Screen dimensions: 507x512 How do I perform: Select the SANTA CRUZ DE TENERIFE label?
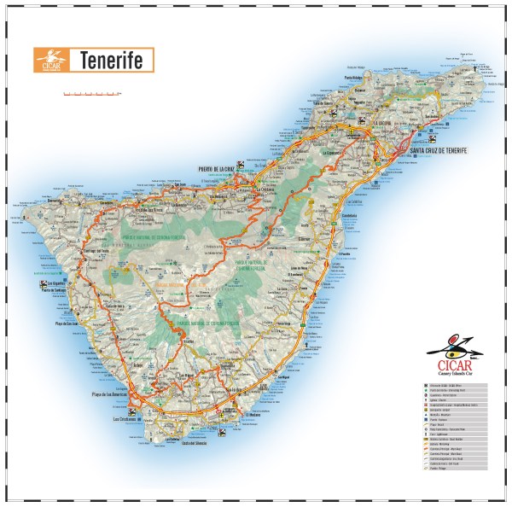tap(438, 151)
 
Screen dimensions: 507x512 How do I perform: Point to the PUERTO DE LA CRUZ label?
tap(216, 169)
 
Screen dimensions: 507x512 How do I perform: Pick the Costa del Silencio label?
tap(188, 444)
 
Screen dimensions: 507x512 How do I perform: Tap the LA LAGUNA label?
tap(384, 123)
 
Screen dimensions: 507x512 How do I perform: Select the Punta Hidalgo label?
tap(358, 78)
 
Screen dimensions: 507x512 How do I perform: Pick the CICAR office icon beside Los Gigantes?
tap(43, 283)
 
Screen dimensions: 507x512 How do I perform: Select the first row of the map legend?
tap(452, 387)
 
